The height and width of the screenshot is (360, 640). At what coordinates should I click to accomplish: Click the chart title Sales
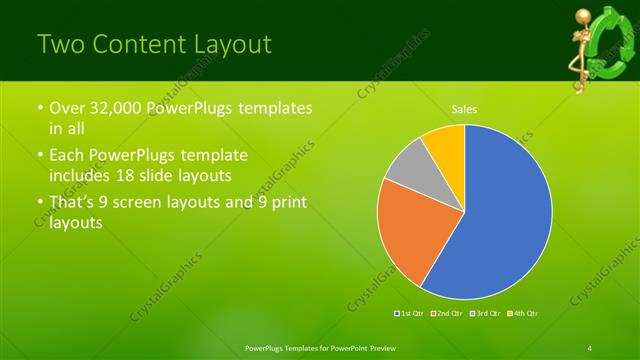(464, 108)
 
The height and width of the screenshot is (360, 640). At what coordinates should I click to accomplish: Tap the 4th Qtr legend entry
(523, 314)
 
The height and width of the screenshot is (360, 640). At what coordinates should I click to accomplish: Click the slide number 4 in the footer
(590, 347)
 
